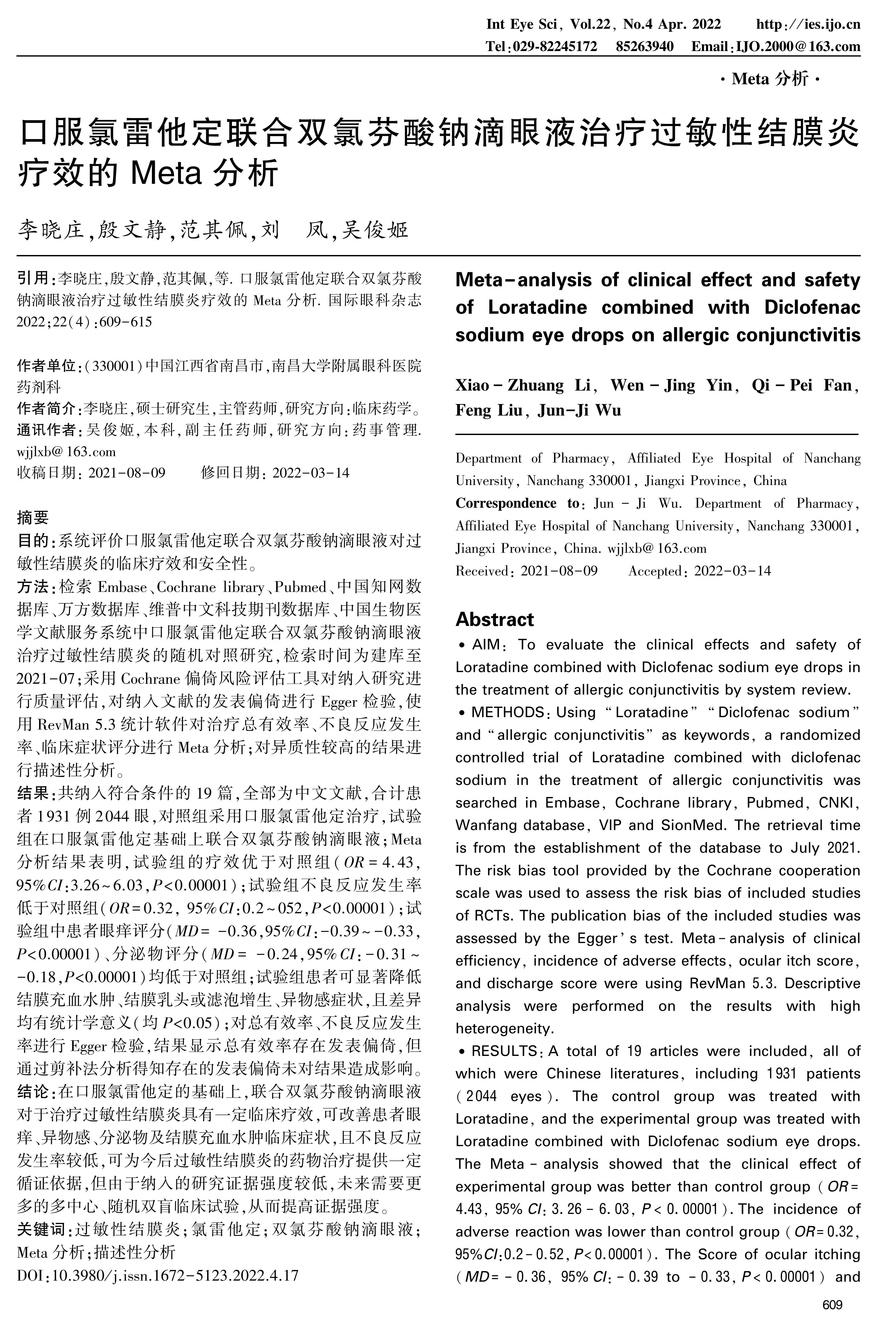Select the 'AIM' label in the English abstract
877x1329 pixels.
click(485, 645)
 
